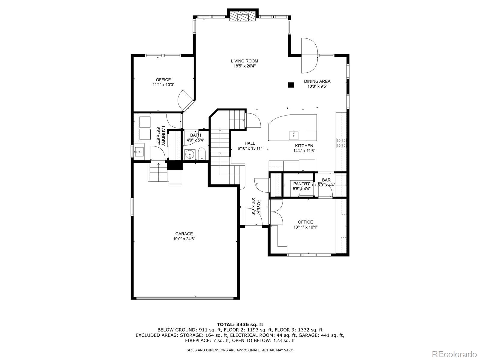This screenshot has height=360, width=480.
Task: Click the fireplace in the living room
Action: (243, 17)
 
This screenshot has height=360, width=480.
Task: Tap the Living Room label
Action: (244, 61)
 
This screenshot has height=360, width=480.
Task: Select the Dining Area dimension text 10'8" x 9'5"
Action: (317, 86)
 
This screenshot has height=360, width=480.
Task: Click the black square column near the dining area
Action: (291, 85)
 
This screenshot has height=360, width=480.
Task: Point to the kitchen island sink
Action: (293, 135)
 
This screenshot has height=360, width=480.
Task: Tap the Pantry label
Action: (301, 184)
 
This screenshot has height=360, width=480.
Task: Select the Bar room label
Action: (326, 180)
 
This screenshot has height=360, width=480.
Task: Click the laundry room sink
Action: (139, 151)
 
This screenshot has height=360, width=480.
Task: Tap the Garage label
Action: (184, 234)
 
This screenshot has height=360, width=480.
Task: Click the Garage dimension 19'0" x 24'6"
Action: (184, 239)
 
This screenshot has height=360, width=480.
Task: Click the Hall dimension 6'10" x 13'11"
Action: (250, 148)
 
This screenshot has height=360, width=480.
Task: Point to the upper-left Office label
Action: (163, 80)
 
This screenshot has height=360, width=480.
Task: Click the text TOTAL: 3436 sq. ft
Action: (240, 324)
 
